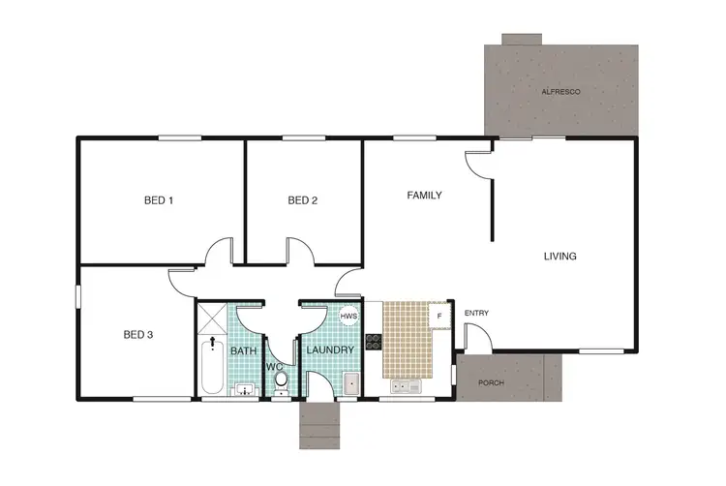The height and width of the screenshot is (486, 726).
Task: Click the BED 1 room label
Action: [158, 201]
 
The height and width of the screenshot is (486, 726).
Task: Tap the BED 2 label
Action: [303, 201]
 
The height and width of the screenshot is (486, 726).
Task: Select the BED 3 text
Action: [138, 335]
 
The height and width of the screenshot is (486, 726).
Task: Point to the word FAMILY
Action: [424, 196]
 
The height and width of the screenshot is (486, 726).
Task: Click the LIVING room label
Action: [560, 257]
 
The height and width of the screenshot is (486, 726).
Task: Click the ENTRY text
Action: [476, 313]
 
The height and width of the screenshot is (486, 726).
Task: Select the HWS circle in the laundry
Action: [348, 317]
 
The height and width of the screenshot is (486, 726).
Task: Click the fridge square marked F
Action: [439, 316]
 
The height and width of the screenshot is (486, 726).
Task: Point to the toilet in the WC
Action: [280, 385]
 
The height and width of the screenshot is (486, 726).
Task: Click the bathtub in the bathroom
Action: [212, 369]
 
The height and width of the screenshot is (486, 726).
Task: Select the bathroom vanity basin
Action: [245, 390]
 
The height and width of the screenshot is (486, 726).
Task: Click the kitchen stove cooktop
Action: [375, 341]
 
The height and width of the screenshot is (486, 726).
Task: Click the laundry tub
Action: [349, 385]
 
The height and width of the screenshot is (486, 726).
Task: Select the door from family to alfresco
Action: [476, 164]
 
